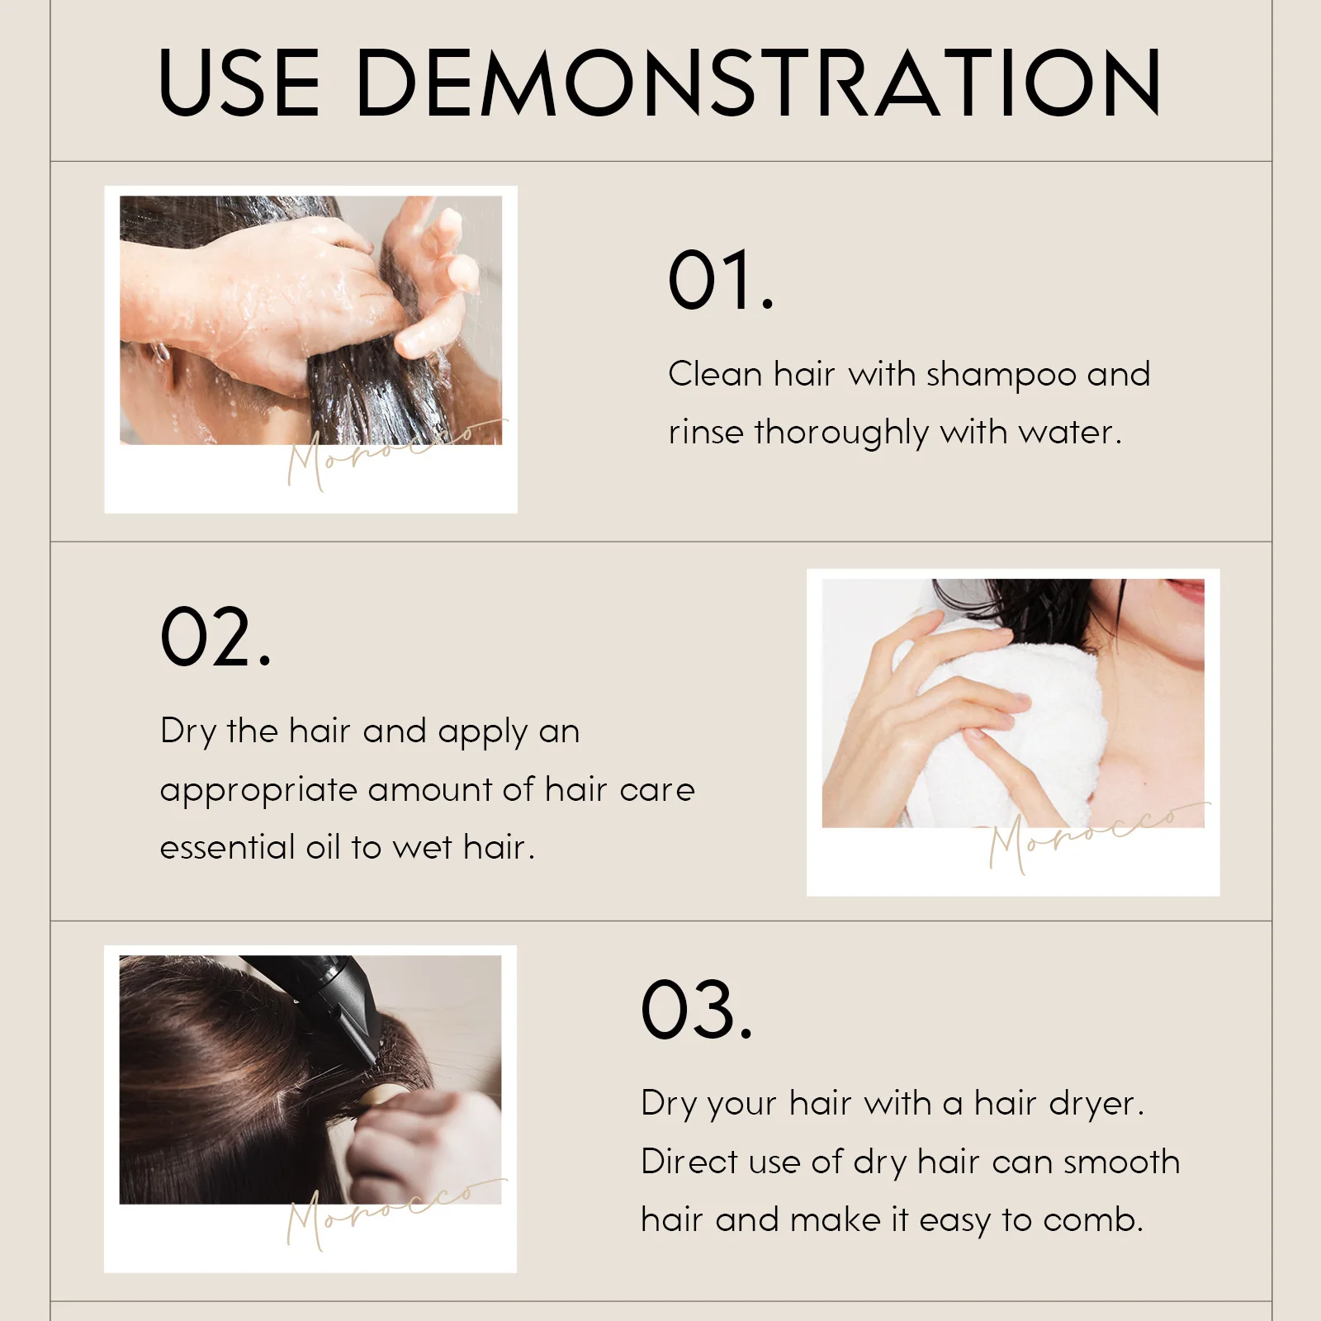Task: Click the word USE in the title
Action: click(x=239, y=82)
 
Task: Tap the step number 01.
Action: click(x=721, y=281)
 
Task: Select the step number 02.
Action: click(x=215, y=637)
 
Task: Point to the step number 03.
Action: click(x=697, y=1009)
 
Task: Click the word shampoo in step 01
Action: click(x=1001, y=376)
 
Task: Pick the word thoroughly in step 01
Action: click(x=842, y=433)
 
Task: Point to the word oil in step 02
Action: click(x=323, y=847)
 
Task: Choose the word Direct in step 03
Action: click(x=689, y=1162)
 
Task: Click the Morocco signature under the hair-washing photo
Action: click(x=396, y=453)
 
